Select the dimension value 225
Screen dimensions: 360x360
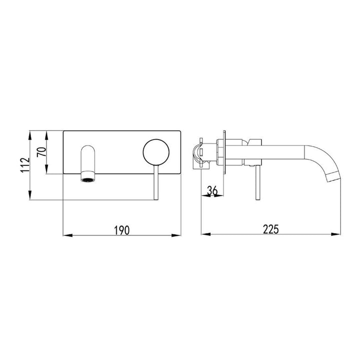click(x=270, y=229)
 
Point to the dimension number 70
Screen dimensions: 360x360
click(x=43, y=151)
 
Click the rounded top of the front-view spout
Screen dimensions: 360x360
click(x=87, y=149)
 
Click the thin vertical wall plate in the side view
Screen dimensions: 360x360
click(x=226, y=152)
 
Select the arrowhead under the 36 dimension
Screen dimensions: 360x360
click(x=220, y=195)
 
